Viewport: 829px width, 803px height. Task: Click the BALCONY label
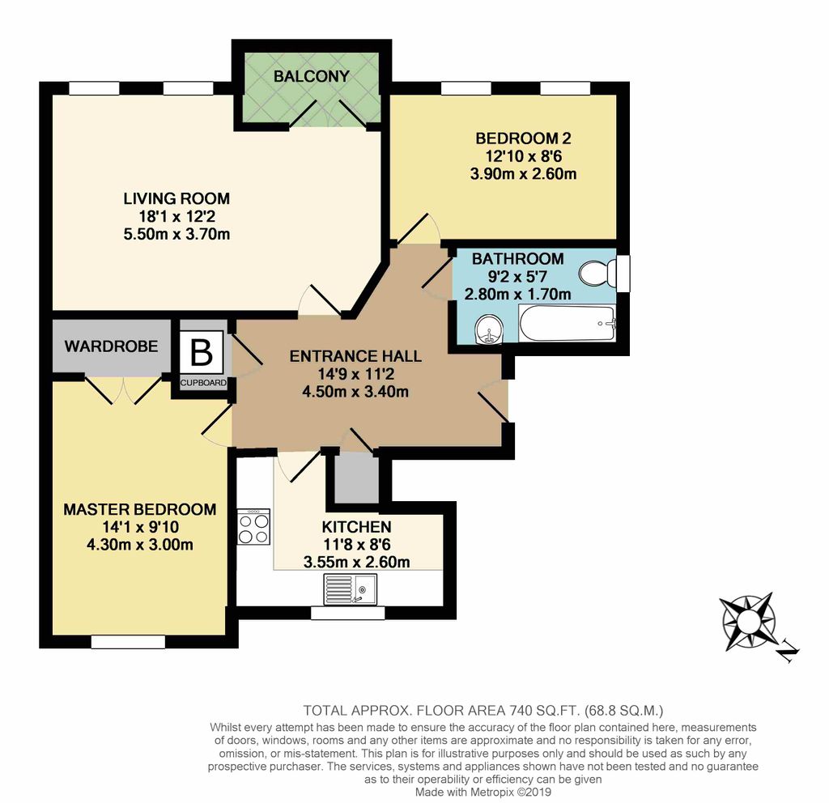[x=311, y=76]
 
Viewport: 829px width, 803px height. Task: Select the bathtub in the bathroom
[x=567, y=324]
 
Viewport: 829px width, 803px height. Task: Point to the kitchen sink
[x=351, y=587]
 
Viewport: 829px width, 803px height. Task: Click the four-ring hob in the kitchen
[x=253, y=528]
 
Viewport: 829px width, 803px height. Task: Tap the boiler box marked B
[x=201, y=353]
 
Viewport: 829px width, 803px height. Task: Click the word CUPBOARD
[x=202, y=383]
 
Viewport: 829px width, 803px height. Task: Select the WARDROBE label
[x=111, y=346]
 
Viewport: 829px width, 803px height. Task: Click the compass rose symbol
[x=748, y=620]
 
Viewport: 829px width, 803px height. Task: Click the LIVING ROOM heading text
[x=176, y=198]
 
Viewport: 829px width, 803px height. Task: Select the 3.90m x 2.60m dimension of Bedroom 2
[x=523, y=173]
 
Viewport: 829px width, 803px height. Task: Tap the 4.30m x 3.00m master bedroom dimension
[x=139, y=544]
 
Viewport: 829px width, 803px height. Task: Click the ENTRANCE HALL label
[x=355, y=356]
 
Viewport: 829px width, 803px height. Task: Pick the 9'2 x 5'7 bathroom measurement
[x=517, y=277]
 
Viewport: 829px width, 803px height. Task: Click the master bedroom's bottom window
[x=128, y=642]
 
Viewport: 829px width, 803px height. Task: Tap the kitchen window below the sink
[x=348, y=614]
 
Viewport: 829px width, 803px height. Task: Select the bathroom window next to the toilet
[x=623, y=274]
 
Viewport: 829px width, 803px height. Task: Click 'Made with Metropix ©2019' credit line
[x=483, y=792]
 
